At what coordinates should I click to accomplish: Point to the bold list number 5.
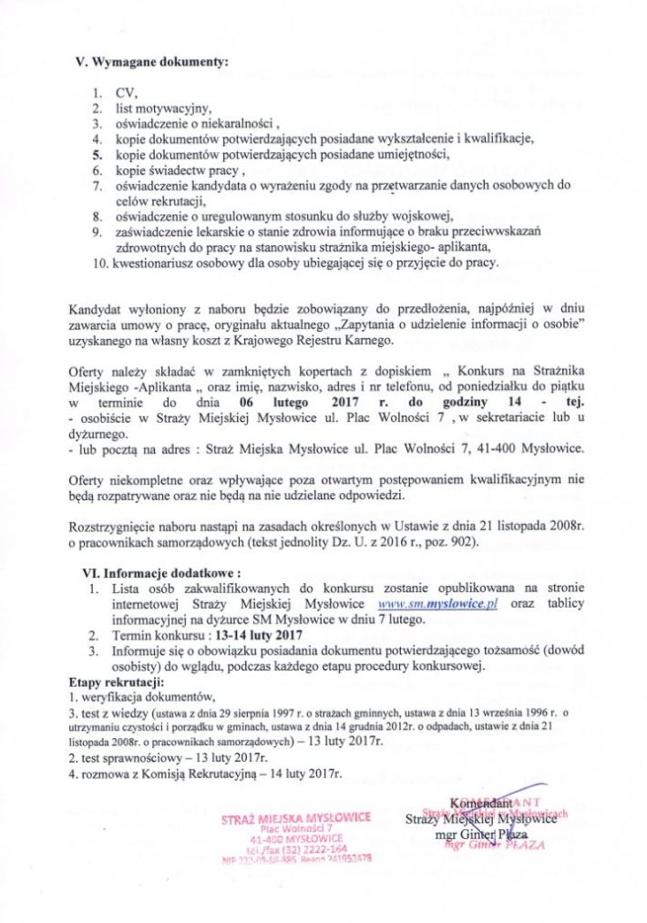[96, 155]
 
